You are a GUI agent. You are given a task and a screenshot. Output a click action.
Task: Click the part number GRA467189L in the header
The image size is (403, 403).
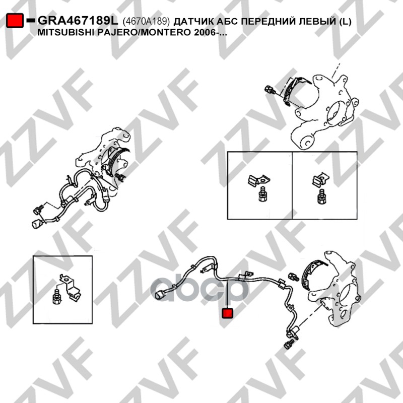(x=78, y=21)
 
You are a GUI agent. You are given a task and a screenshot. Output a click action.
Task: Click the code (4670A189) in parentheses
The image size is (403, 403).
(x=146, y=21)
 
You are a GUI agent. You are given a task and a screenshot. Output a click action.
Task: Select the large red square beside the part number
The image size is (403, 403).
(x=15, y=21)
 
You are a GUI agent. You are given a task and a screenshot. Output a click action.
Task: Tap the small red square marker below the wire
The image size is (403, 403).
(x=228, y=313)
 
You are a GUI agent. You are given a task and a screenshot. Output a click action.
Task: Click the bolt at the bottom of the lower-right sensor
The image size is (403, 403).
(x=289, y=344)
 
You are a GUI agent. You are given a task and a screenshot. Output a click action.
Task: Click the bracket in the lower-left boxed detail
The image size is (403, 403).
(x=70, y=287)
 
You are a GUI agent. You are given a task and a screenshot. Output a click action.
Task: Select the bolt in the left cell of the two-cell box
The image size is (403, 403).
(x=262, y=194)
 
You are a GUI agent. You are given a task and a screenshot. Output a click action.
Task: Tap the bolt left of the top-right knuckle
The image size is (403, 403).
(x=270, y=90)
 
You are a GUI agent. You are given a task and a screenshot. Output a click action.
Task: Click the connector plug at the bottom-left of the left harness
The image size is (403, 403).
(x=37, y=223)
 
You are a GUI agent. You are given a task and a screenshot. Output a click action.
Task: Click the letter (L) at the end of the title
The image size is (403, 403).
(x=345, y=21)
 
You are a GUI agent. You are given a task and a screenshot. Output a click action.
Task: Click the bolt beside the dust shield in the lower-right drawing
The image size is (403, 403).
(x=294, y=277)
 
